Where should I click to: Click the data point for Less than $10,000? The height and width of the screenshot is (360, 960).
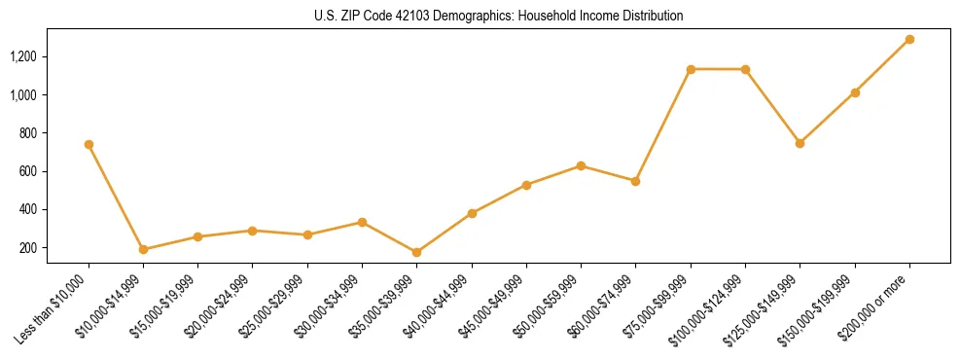tap(89, 144)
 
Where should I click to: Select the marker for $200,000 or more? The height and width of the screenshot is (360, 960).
tap(909, 40)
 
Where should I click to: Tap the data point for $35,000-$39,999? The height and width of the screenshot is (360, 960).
tap(417, 252)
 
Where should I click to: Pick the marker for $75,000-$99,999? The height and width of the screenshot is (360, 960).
tap(691, 69)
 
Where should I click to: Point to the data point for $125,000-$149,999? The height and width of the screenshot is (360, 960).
tap(800, 143)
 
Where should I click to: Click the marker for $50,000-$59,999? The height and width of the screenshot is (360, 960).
tap(581, 165)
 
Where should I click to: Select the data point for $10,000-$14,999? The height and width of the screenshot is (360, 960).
tap(143, 249)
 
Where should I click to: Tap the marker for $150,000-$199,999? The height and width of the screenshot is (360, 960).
tap(855, 92)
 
